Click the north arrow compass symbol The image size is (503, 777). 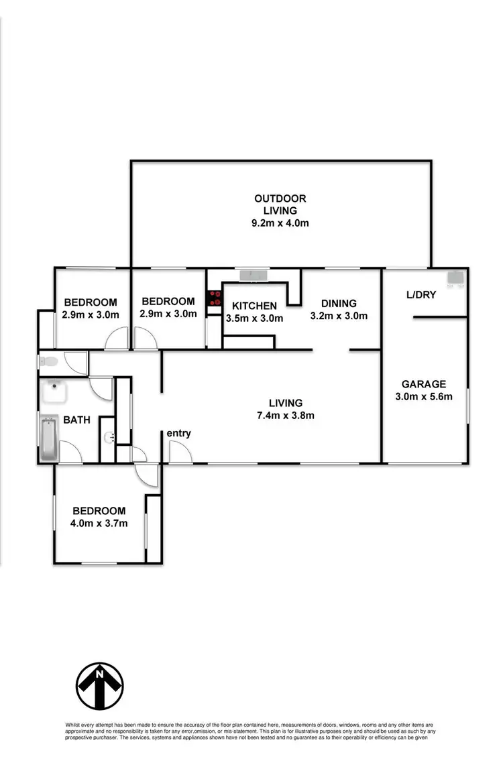pos(99,686)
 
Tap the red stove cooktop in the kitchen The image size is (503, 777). pos(215,298)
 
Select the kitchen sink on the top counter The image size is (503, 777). pos(254,275)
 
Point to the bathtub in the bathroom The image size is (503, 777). pos(48,439)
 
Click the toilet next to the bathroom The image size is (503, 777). pos(50,362)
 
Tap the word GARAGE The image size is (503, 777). pos(423,384)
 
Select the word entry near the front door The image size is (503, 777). pos(179,433)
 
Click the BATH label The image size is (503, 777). pos(76,420)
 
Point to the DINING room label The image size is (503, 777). pos(338,303)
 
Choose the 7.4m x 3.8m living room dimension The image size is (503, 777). pos(286,415)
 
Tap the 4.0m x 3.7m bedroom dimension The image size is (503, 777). pos(99,523)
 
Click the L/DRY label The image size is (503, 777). pos(421,294)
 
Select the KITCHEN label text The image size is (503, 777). pos(254,306)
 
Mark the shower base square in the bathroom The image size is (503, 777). pos(60,393)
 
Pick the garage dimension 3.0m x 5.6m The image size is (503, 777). pos(423,396)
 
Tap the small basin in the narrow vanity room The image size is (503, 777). pos(109,438)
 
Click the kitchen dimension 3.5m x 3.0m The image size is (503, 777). pos(254,318)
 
